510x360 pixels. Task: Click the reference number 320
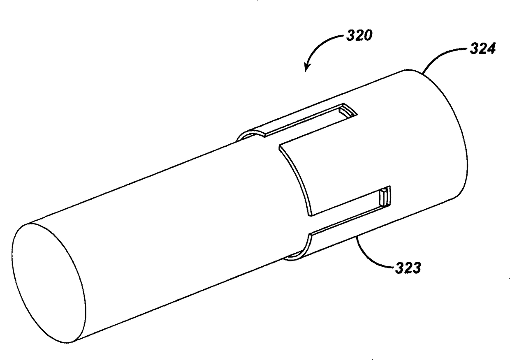pos(359,36)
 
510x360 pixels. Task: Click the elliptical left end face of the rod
pos(49,284)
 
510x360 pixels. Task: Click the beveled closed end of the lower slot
pos(385,197)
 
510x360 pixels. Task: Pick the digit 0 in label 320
pos(367,36)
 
